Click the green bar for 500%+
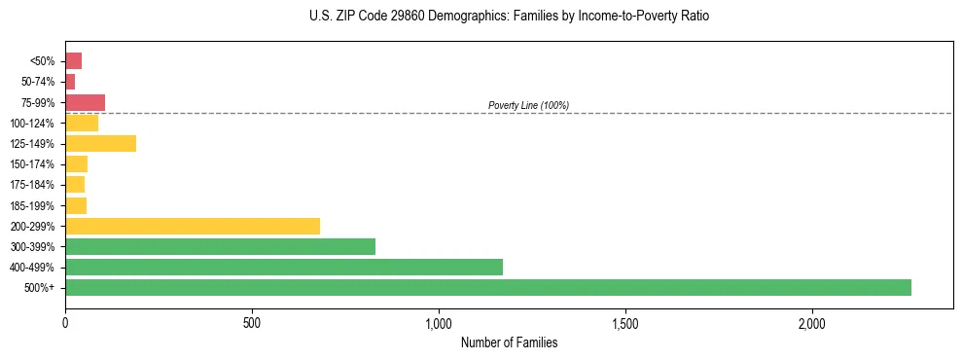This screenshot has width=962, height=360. tap(487, 287)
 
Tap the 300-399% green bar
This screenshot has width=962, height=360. tap(220, 246)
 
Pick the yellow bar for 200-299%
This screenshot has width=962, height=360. tap(192, 226)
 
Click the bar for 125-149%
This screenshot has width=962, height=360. tap(100, 144)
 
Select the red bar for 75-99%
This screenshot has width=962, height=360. tap(85, 102)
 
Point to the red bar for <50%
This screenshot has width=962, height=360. tap(73, 61)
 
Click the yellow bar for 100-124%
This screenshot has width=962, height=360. tap(82, 123)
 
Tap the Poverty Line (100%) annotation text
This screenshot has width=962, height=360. tap(528, 105)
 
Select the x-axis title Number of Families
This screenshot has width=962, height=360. tap(509, 342)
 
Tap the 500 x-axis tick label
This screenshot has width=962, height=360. tap(252, 322)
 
